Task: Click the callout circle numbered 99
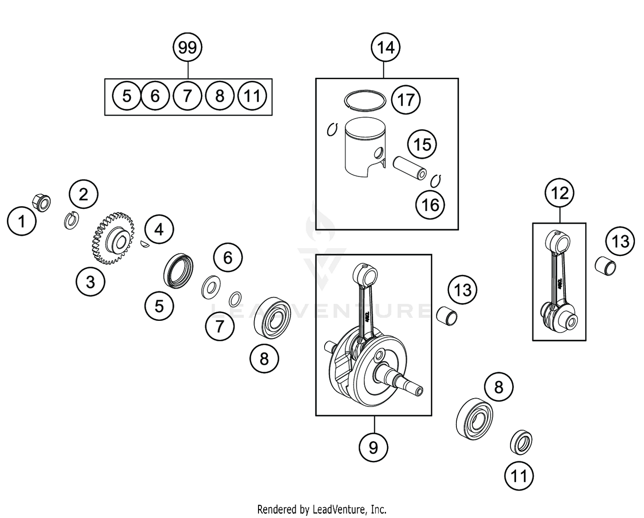[x=188, y=47]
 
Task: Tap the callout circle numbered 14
[x=386, y=47]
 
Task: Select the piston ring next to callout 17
[x=365, y=100]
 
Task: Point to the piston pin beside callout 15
[x=410, y=168]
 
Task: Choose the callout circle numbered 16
[x=430, y=205]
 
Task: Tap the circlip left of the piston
[x=331, y=129]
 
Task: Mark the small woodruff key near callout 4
[x=145, y=244]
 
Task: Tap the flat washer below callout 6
[x=210, y=287]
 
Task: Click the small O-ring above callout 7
[x=235, y=298]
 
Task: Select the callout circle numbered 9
[x=373, y=448]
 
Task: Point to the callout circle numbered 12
[x=559, y=193]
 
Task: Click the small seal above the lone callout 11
[x=521, y=442]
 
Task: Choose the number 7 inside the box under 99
[x=187, y=96]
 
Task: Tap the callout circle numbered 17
[x=406, y=100]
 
